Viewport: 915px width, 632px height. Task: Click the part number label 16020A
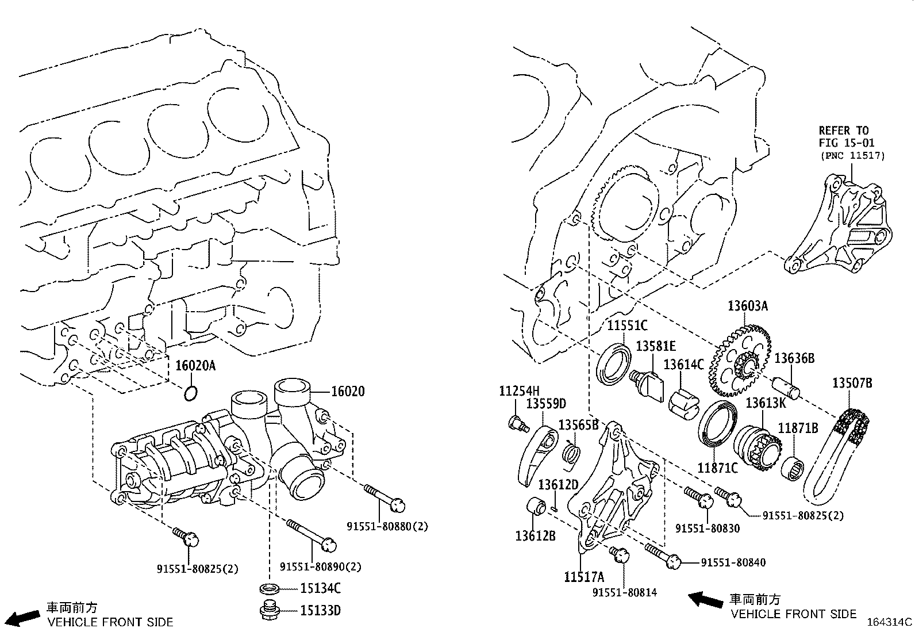click(195, 366)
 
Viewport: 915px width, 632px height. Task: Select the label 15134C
click(320, 588)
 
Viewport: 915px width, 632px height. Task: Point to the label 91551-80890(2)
click(321, 567)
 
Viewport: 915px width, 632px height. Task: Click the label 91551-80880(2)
click(387, 526)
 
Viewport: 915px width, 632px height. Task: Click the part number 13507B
click(852, 383)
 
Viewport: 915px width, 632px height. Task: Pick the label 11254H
click(519, 392)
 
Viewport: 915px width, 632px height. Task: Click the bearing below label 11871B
click(793, 467)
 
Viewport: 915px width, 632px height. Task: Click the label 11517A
click(584, 577)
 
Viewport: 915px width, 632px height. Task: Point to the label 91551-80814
click(625, 592)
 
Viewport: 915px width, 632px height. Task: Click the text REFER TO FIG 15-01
click(843, 137)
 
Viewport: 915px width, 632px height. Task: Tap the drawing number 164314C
click(889, 622)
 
